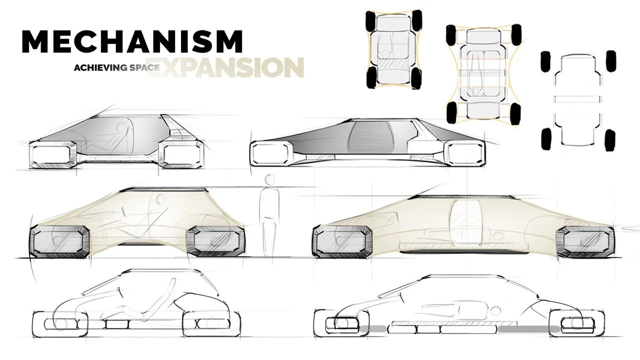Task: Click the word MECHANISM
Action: [x=132, y=41]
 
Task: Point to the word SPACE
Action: [x=142, y=67]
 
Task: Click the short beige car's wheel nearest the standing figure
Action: [x=215, y=242]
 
